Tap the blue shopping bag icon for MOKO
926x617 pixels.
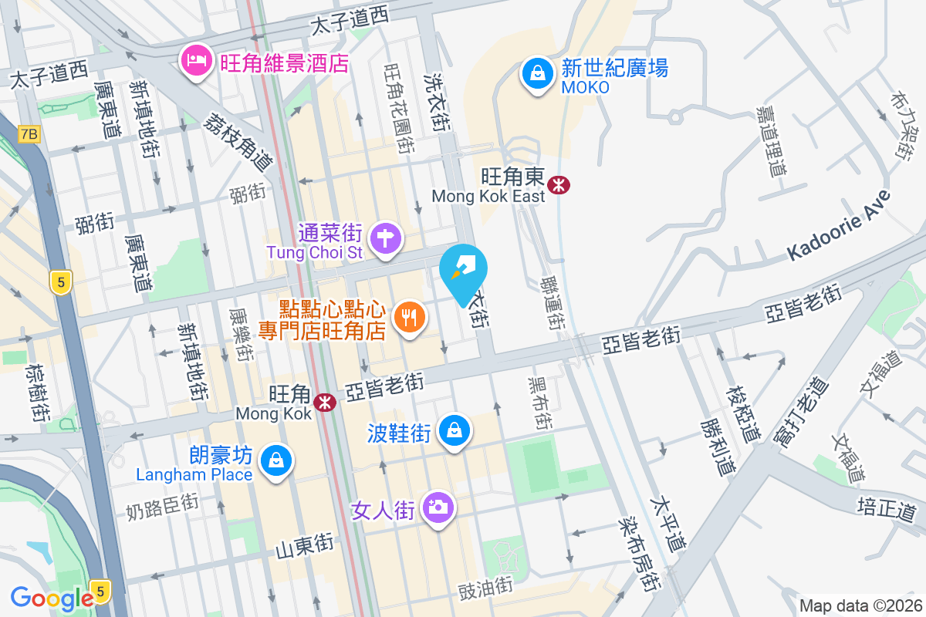coord(535,74)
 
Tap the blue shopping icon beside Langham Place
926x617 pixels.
coord(273,461)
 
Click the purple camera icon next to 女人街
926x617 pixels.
coord(438,507)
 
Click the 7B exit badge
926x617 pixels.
coord(29,135)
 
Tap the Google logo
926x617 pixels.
coord(52,598)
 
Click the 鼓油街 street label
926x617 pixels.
coord(485,588)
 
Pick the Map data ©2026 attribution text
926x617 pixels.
coord(860,605)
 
